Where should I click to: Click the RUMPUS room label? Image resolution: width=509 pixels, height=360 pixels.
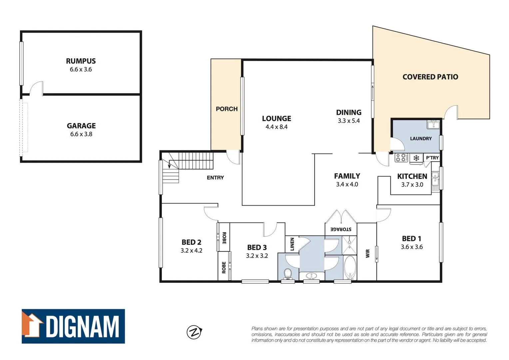tap(81, 61)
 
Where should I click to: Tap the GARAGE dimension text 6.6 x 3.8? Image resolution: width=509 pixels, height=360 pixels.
tap(81, 134)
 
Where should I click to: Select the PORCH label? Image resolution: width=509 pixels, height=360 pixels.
tap(227, 109)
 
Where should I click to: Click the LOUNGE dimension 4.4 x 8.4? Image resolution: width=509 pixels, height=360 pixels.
tap(276, 127)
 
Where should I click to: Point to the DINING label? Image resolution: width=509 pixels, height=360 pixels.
tap(348, 113)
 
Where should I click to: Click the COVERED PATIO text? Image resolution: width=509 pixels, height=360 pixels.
tap(430, 77)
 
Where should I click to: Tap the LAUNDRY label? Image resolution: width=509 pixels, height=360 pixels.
tap(421, 139)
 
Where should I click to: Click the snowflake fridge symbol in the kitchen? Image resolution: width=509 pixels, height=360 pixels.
tap(416, 158)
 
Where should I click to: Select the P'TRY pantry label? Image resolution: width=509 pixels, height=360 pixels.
tap(432, 158)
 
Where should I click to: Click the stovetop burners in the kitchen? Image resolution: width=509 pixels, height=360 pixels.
tap(401, 158)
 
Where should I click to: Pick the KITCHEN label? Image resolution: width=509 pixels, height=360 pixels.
tap(412, 176)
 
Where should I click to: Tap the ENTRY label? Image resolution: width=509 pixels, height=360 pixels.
tap(215, 178)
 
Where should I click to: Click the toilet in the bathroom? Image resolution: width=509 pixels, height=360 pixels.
tap(288, 274)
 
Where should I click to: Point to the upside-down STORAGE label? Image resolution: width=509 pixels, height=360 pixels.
tap(341, 229)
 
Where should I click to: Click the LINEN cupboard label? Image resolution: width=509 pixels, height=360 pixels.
tap(292, 244)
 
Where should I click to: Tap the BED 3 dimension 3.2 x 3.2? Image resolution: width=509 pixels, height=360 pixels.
tap(257, 256)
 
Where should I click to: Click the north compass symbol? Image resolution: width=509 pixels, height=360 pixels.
tap(194, 332)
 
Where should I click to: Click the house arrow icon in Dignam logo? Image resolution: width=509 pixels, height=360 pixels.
tap(33, 325)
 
